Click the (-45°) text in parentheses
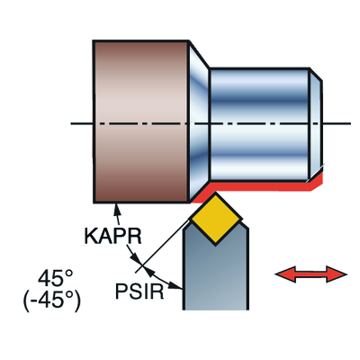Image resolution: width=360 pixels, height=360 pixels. tap(51, 300)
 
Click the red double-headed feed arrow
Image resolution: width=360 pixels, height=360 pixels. tap(310, 274)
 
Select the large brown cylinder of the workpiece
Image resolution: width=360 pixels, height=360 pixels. tap(139, 121)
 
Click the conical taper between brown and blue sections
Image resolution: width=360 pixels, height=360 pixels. tap(199, 121)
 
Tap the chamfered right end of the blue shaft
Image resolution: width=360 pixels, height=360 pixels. tap(316, 121)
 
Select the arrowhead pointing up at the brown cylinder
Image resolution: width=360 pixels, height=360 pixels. tap(115, 211)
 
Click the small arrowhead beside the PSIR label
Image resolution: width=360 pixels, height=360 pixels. tap(149, 271)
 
